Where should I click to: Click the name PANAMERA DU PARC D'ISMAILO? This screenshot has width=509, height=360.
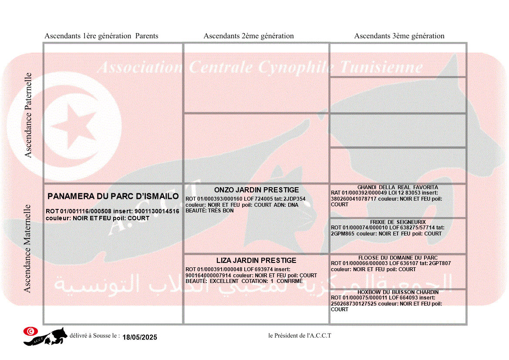(113, 196)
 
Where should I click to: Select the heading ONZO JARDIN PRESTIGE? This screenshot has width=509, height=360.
(256, 190)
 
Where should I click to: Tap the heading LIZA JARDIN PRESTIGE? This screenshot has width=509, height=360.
(256, 260)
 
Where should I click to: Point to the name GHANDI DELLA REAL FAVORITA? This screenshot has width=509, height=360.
(398, 187)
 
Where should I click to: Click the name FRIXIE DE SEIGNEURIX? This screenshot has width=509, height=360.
(398, 222)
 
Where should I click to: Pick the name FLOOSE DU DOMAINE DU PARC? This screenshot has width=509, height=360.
(398, 258)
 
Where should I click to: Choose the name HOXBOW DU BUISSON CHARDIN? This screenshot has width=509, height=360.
(398, 292)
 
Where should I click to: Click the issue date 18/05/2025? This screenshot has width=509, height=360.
(140, 337)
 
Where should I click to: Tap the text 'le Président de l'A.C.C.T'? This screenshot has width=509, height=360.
(300, 336)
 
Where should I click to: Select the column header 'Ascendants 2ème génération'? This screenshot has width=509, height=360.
(249, 36)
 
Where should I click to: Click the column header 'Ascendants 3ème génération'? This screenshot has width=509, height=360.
(399, 36)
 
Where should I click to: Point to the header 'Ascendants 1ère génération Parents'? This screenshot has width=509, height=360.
(101, 36)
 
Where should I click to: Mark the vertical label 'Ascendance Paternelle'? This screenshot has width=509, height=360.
(28, 115)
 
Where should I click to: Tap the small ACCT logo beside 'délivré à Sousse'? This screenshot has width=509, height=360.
(45, 336)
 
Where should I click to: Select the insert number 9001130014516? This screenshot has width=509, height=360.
(158, 211)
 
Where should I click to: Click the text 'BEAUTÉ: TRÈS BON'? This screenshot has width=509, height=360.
(210, 211)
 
